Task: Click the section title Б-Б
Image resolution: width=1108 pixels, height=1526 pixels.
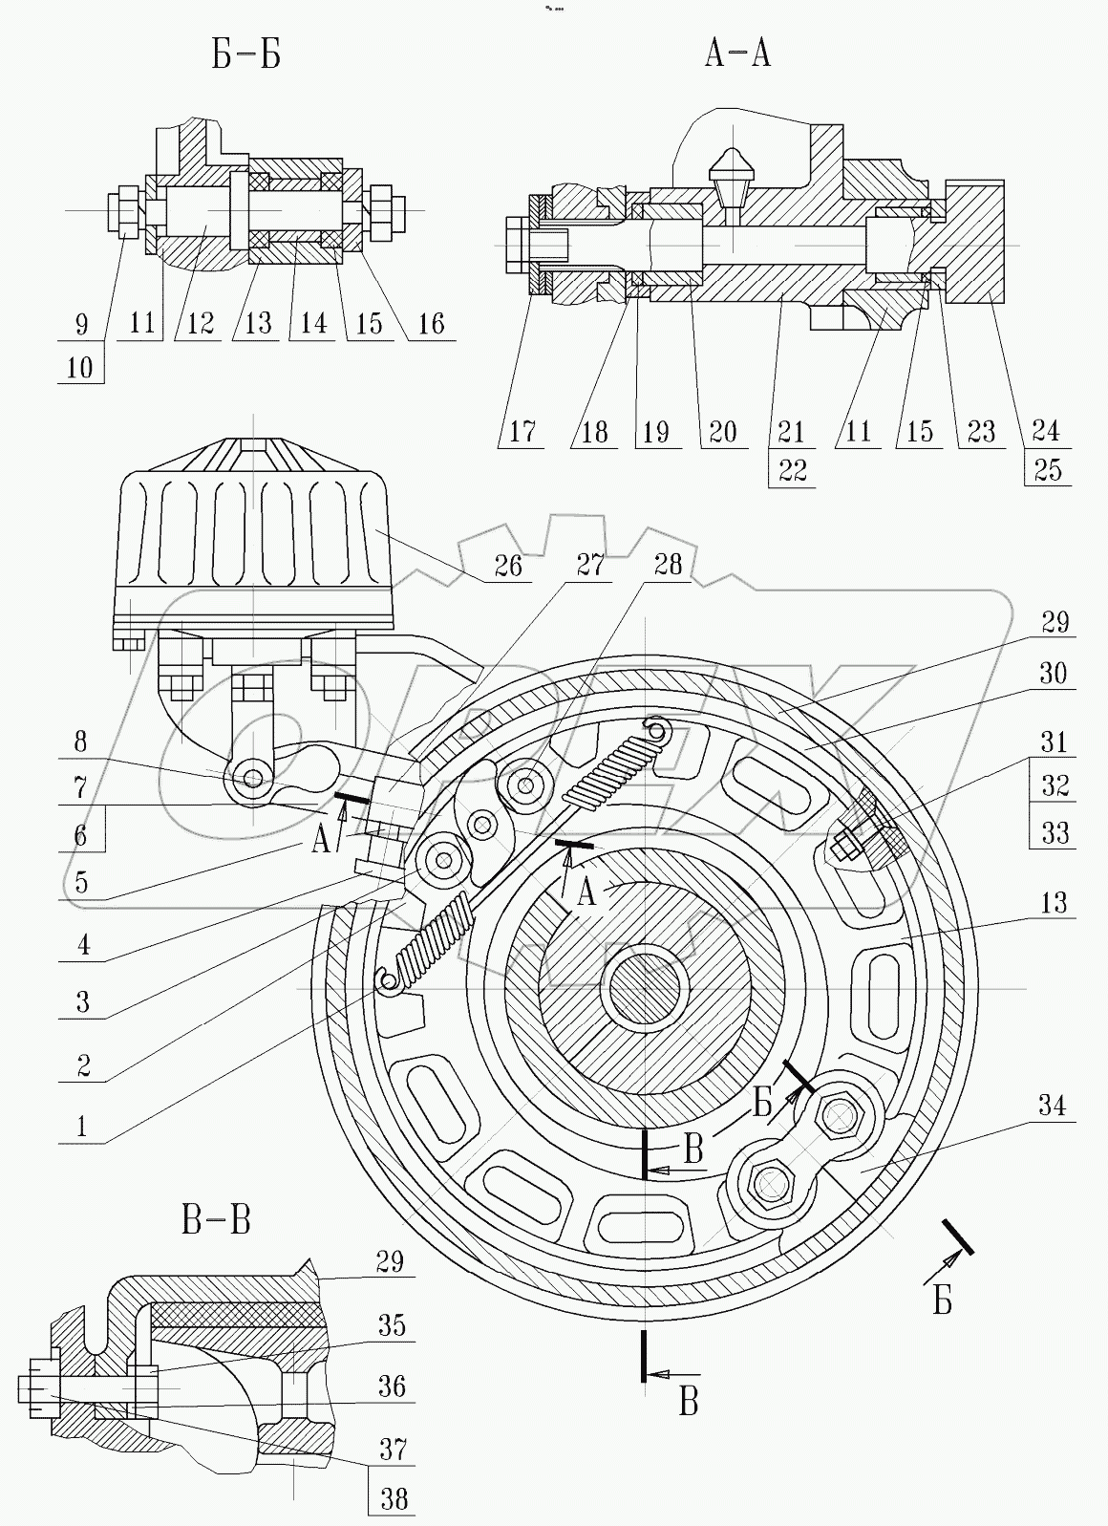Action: pyautogui.click(x=245, y=56)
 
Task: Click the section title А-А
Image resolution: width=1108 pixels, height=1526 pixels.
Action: pyautogui.click(x=736, y=54)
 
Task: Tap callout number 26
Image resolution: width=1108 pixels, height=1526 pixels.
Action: pyautogui.click(x=508, y=566)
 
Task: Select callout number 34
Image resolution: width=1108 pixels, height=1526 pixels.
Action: pyautogui.click(x=1052, y=1106)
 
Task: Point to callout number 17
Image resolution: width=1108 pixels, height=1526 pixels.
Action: pyautogui.click(x=522, y=431)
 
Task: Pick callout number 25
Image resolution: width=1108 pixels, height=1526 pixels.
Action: pyautogui.click(x=1047, y=470)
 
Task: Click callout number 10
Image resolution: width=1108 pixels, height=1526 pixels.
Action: pyautogui.click(x=80, y=368)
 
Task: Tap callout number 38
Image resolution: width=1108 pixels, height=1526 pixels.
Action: pyautogui.click(x=393, y=1498)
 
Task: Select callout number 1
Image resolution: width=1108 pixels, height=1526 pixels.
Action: pyautogui.click(x=82, y=1127)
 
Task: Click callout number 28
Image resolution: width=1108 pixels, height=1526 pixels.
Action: pyautogui.click(x=668, y=565)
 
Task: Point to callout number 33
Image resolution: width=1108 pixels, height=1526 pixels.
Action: pyautogui.click(x=1055, y=833)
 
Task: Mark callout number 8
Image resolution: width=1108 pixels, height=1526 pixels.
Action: pyautogui.click(x=80, y=742)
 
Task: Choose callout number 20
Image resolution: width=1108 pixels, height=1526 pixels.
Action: pyautogui.click(x=723, y=431)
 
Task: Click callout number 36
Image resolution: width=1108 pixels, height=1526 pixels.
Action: pyautogui.click(x=392, y=1386)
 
